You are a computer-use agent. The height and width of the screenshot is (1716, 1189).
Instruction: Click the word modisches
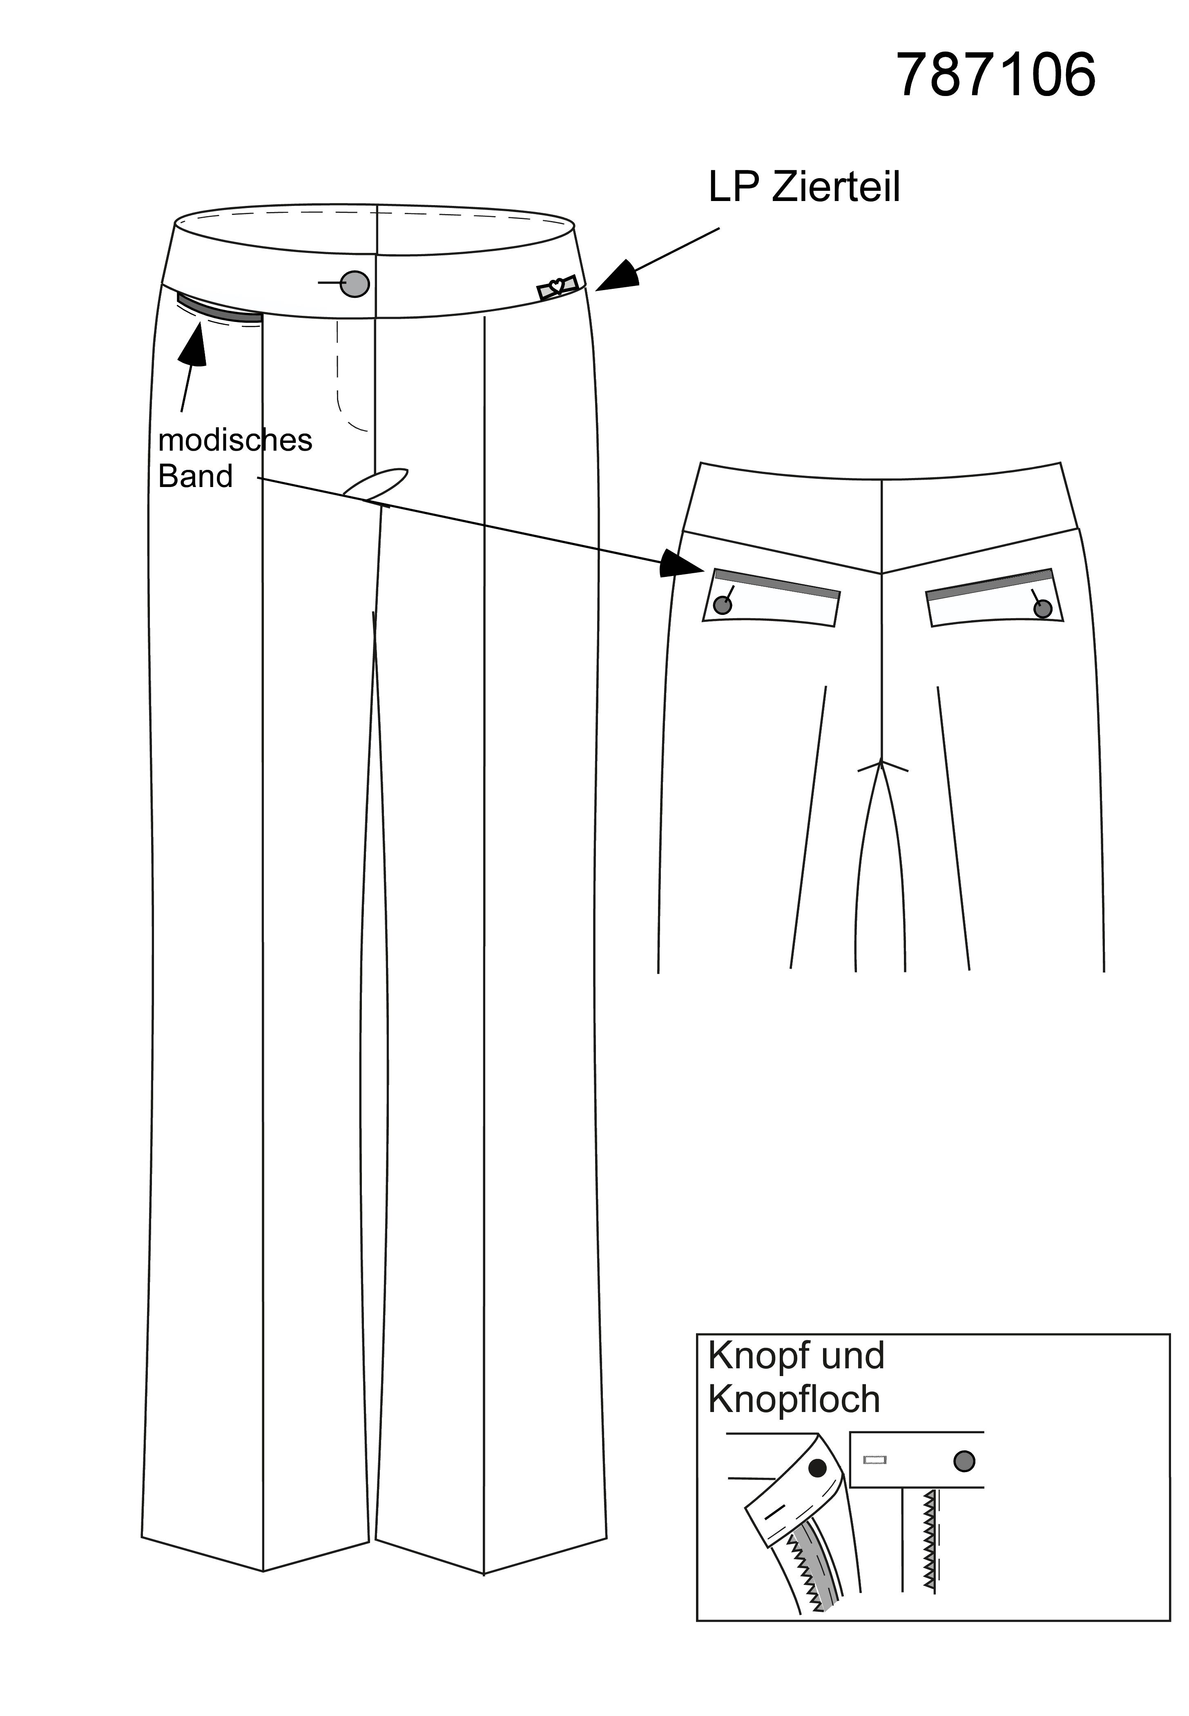pyautogui.click(x=235, y=440)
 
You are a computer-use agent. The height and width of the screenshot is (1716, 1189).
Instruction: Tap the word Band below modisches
pyautogui.click(x=195, y=476)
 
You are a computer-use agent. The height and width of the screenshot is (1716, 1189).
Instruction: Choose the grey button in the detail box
pyautogui.click(x=964, y=1461)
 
